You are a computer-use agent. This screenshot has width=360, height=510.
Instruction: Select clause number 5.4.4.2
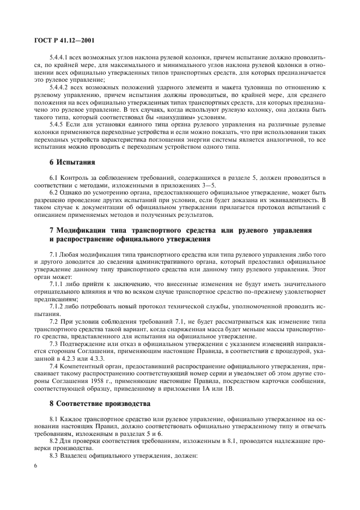[60, 88]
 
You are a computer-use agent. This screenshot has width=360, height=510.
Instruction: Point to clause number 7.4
[54, 360]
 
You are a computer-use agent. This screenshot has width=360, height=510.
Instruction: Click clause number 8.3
[54, 455]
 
